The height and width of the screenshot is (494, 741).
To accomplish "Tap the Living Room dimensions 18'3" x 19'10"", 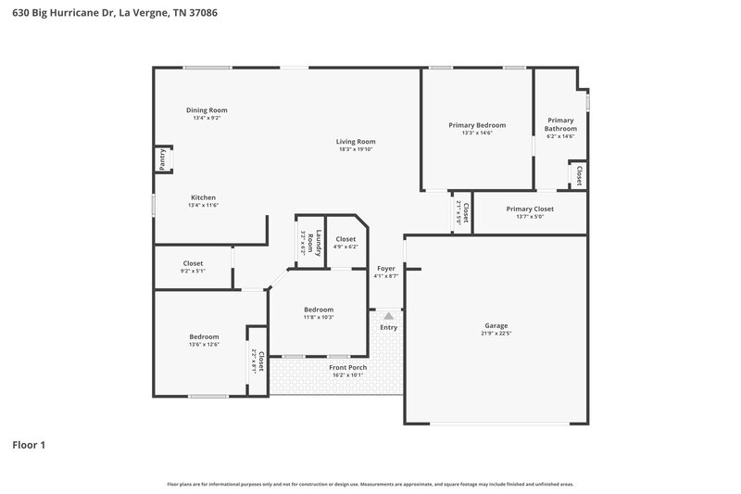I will coord(356,149).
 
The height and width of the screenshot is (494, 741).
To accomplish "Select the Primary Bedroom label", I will coord(477,125).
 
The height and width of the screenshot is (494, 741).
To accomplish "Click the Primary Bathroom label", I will coord(560,124).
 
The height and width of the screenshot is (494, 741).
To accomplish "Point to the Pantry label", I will coord(161,160).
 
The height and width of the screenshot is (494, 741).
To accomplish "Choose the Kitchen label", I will coord(204,197).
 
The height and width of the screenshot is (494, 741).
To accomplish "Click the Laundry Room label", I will coord(318,243).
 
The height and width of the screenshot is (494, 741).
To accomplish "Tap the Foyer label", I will coord(385,269).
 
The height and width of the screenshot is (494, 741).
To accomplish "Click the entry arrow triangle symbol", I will coord(388,316).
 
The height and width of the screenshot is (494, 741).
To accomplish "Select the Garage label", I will coord(496,326).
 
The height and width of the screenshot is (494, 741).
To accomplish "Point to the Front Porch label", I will coord(348,368).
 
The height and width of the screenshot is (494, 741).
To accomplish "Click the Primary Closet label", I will coord(530,209).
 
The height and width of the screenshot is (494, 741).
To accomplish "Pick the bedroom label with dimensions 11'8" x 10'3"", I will coord(319,310).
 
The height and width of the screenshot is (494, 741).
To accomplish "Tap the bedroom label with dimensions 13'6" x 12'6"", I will coord(204,336).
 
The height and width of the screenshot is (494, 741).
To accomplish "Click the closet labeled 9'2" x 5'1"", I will coord(193,263).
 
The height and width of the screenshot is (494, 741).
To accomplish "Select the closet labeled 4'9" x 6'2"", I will coord(345,239).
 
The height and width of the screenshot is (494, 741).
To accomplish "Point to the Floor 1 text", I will coord(29,445).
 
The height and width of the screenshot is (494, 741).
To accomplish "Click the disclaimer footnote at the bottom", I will coord(370,484).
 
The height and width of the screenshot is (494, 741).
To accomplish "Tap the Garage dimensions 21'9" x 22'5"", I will coord(496,335).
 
